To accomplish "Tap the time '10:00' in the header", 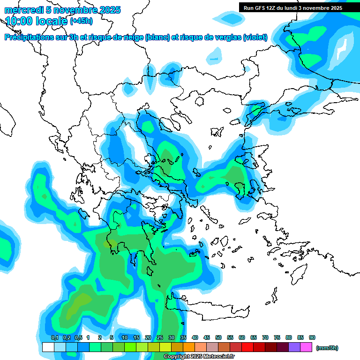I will coord(20,21).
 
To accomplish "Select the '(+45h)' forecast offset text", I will coord(81,21).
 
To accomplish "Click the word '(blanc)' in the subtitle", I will coord(157,37).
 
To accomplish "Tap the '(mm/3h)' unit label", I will coord(327,348).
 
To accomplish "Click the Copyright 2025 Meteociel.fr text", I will coord(199,357).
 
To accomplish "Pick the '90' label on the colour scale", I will coord(312,337).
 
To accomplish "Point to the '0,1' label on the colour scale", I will coord(55,337).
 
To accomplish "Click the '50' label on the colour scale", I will coord(218,337).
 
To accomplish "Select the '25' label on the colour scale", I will coord(160,337).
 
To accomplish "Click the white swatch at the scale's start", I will coord(48,347).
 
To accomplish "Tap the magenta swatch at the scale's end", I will coord(306,347).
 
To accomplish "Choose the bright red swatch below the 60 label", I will coord(247,347).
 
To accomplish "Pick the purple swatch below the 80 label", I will coord(294,347).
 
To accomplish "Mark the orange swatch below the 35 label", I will coord(189,347).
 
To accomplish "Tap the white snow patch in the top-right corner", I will coord(343,48).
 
